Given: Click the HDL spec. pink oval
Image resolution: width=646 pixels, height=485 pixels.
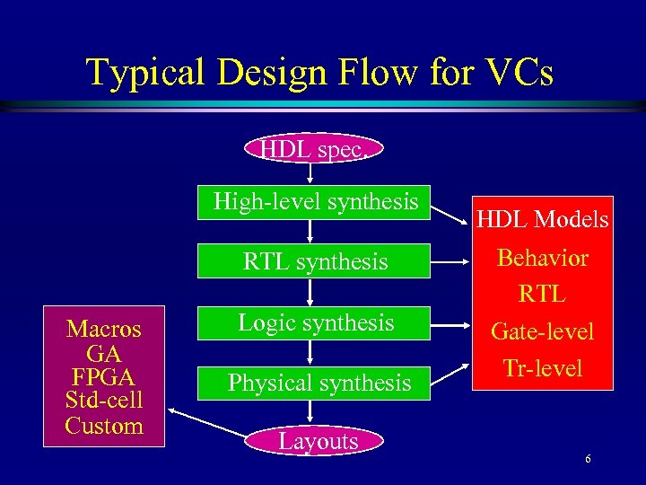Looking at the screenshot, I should [312, 149].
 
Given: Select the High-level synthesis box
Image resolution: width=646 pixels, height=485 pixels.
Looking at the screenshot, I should [315, 202].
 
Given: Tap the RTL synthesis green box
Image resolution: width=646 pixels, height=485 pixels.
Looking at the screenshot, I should [315, 262].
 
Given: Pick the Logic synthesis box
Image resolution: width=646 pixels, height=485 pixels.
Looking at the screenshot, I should [315, 323].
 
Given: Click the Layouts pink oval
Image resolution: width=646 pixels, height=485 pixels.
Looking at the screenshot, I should [318, 441].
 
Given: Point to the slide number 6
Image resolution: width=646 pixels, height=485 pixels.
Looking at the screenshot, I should [588, 460].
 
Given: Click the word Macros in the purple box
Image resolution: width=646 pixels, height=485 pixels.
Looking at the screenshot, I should [104, 329].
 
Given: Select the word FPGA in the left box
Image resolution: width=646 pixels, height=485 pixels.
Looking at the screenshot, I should [104, 377].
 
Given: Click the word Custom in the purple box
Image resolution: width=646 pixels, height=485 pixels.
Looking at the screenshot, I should [104, 426].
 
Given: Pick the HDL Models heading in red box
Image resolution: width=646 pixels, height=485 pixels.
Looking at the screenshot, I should [543, 220].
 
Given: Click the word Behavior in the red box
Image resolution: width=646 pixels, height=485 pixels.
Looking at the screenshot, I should [543, 259].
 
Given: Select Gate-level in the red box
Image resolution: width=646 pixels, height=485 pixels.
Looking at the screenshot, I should [543, 331].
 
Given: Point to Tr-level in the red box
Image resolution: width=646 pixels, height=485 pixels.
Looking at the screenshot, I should [543, 368].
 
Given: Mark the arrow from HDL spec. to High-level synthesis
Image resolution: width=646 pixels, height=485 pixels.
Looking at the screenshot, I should [310, 173].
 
